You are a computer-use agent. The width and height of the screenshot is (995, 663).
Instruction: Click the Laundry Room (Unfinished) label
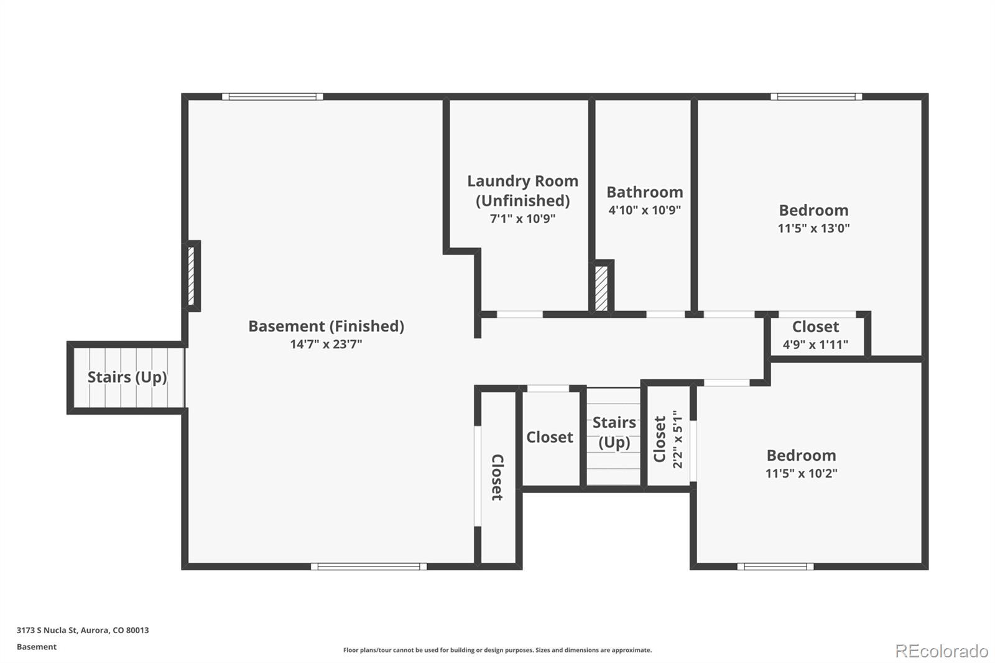click(522, 190)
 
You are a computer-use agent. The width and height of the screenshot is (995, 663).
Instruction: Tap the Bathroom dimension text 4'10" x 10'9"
click(644, 210)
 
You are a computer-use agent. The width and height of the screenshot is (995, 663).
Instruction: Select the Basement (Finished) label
click(326, 326)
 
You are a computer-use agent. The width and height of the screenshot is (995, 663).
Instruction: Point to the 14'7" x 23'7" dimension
click(326, 344)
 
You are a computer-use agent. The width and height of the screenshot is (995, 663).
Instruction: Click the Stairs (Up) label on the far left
click(127, 377)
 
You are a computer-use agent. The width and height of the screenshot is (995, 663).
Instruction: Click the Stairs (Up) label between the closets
click(614, 432)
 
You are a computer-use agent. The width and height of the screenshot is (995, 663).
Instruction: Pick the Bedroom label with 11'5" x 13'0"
click(813, 210)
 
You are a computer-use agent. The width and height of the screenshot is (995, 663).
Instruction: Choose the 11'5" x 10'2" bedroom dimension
click(801, 473)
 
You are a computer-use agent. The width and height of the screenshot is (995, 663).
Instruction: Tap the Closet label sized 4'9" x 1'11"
click(815, 327)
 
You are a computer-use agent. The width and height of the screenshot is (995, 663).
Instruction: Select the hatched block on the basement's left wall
click(193, 276)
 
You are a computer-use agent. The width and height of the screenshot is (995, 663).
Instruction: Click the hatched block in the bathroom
click(601, 288)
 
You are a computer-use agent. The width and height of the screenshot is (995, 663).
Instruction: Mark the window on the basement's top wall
click(272, 96)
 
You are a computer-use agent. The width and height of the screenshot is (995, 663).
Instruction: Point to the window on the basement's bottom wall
click(369, 566)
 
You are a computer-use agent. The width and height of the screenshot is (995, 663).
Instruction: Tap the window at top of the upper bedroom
click(816, 96)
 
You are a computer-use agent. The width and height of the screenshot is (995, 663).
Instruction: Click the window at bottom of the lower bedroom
click(775, 566)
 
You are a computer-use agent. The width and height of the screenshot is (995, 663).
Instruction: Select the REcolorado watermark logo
click(941, 651)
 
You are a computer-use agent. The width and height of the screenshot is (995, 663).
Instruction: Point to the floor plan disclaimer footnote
click(497, 650)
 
